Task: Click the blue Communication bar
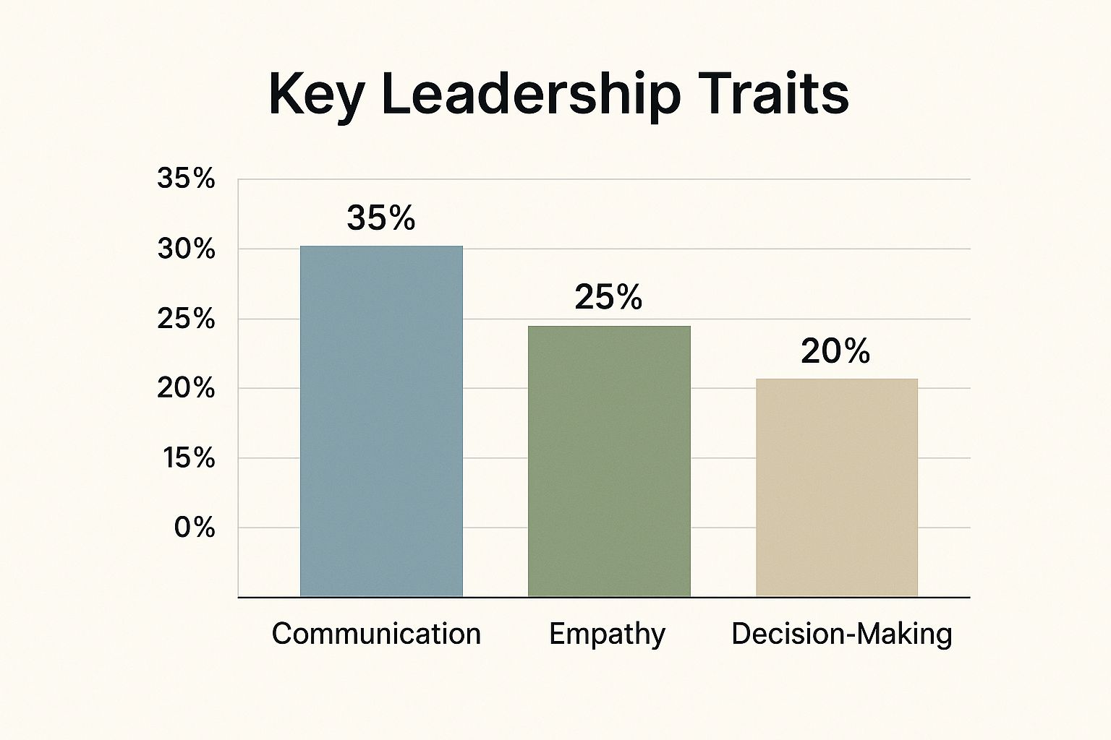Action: pyautogui.click(x=381, y=421)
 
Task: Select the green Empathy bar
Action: pyautogui.click(x=609, y=461)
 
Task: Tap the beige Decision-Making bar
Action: pyautogui.click(x=837, y=488)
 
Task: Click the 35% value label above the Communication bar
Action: pyautogui.click(x=381, y=218)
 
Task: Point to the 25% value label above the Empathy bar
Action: pyautogui.click(x=608, y=297)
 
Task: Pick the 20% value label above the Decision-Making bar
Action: pyautogui.click(x=835, y=351)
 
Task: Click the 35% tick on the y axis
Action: pyautogui.click(x=187, y=178)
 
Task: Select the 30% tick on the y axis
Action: pyautogui.click(x=187, y=249)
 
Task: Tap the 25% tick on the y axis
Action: pyautogui.click(x=187, y=319)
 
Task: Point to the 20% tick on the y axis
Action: pyautogui.click(x=187, y=389)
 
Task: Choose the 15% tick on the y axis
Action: pyautogui.click(x=188, y=458)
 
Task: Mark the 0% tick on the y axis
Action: pyautogui.click(x=195, y=528)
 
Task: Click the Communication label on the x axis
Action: pyautogui.click(x=376, y=634)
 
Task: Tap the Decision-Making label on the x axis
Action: pyautogui.click(x=842, y=634)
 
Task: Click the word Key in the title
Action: pyautogui.click(x=315, y=95)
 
